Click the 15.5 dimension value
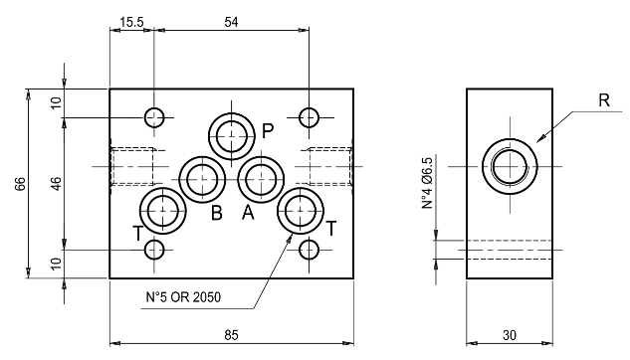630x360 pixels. (x=131, y=22)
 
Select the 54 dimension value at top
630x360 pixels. (x=231, y=22)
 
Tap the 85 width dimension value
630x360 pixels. (x=231, y=335)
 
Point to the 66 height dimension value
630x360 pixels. (x=20, y=184)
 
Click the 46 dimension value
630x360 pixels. (x=56, y=184)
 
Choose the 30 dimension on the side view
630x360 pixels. (x=509, y=335)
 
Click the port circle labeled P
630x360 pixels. (x=232, y=136)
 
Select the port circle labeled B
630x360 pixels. (x=202, y=179)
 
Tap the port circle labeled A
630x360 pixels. (x=261, y=179)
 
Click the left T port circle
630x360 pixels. (x=163, y=210)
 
